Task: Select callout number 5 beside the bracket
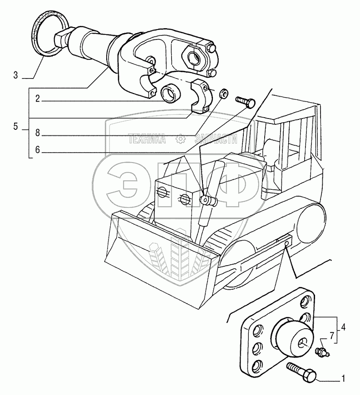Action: click(x=15, y=128)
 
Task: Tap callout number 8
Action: click(x=38, y=133)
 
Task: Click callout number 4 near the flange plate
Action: click(x=344, y=327)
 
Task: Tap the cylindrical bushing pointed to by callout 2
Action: click(x=171, y=93)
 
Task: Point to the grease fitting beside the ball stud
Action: click(x=322, y=351)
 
